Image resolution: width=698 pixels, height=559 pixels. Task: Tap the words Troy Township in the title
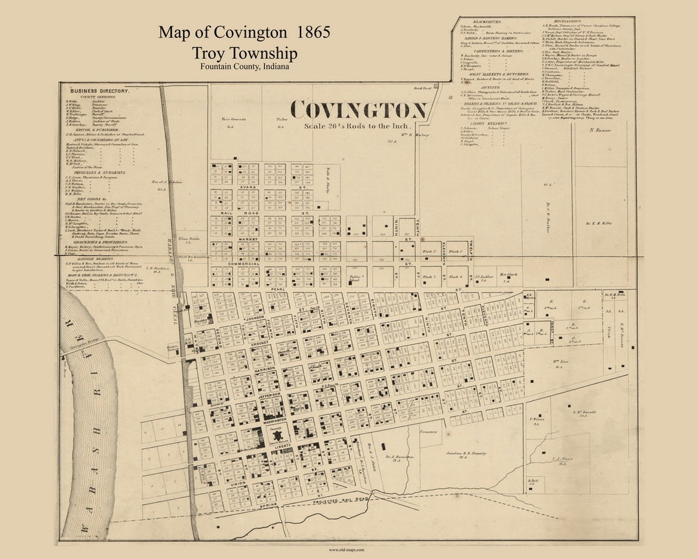click(x=244, y=53)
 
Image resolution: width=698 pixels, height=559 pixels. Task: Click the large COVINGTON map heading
click(x=358, y=109)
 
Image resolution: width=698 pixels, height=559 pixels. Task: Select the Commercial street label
click(x=238, y=264)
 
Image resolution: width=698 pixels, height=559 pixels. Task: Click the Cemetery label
click(x=428, y=431)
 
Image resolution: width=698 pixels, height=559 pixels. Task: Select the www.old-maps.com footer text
click(x=348, y=550)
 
